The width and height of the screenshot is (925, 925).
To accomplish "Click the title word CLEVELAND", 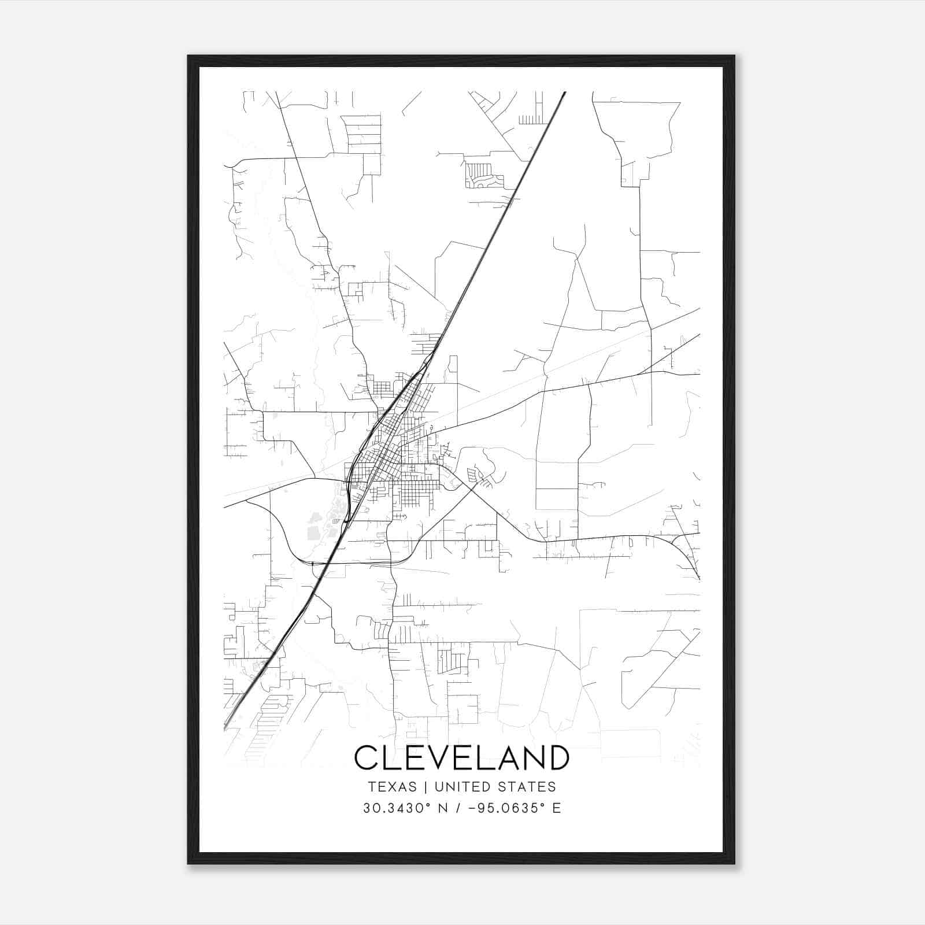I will point(461,758).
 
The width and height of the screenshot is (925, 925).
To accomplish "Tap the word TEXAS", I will point(392,787).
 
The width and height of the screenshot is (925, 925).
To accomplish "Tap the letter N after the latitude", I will point(443,808).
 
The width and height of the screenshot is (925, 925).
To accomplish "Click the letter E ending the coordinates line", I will point(557,808).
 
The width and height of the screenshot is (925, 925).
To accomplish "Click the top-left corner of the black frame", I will point(188,56).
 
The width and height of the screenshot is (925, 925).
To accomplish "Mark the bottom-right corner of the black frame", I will point(734,863).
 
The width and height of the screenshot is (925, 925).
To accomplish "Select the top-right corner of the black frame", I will point(734,56).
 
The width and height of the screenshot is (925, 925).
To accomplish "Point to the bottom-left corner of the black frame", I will point(188,863).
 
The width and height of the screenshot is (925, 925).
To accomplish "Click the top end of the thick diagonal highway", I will point(564,92).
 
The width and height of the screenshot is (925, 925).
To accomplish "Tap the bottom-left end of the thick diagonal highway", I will point(225,726).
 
